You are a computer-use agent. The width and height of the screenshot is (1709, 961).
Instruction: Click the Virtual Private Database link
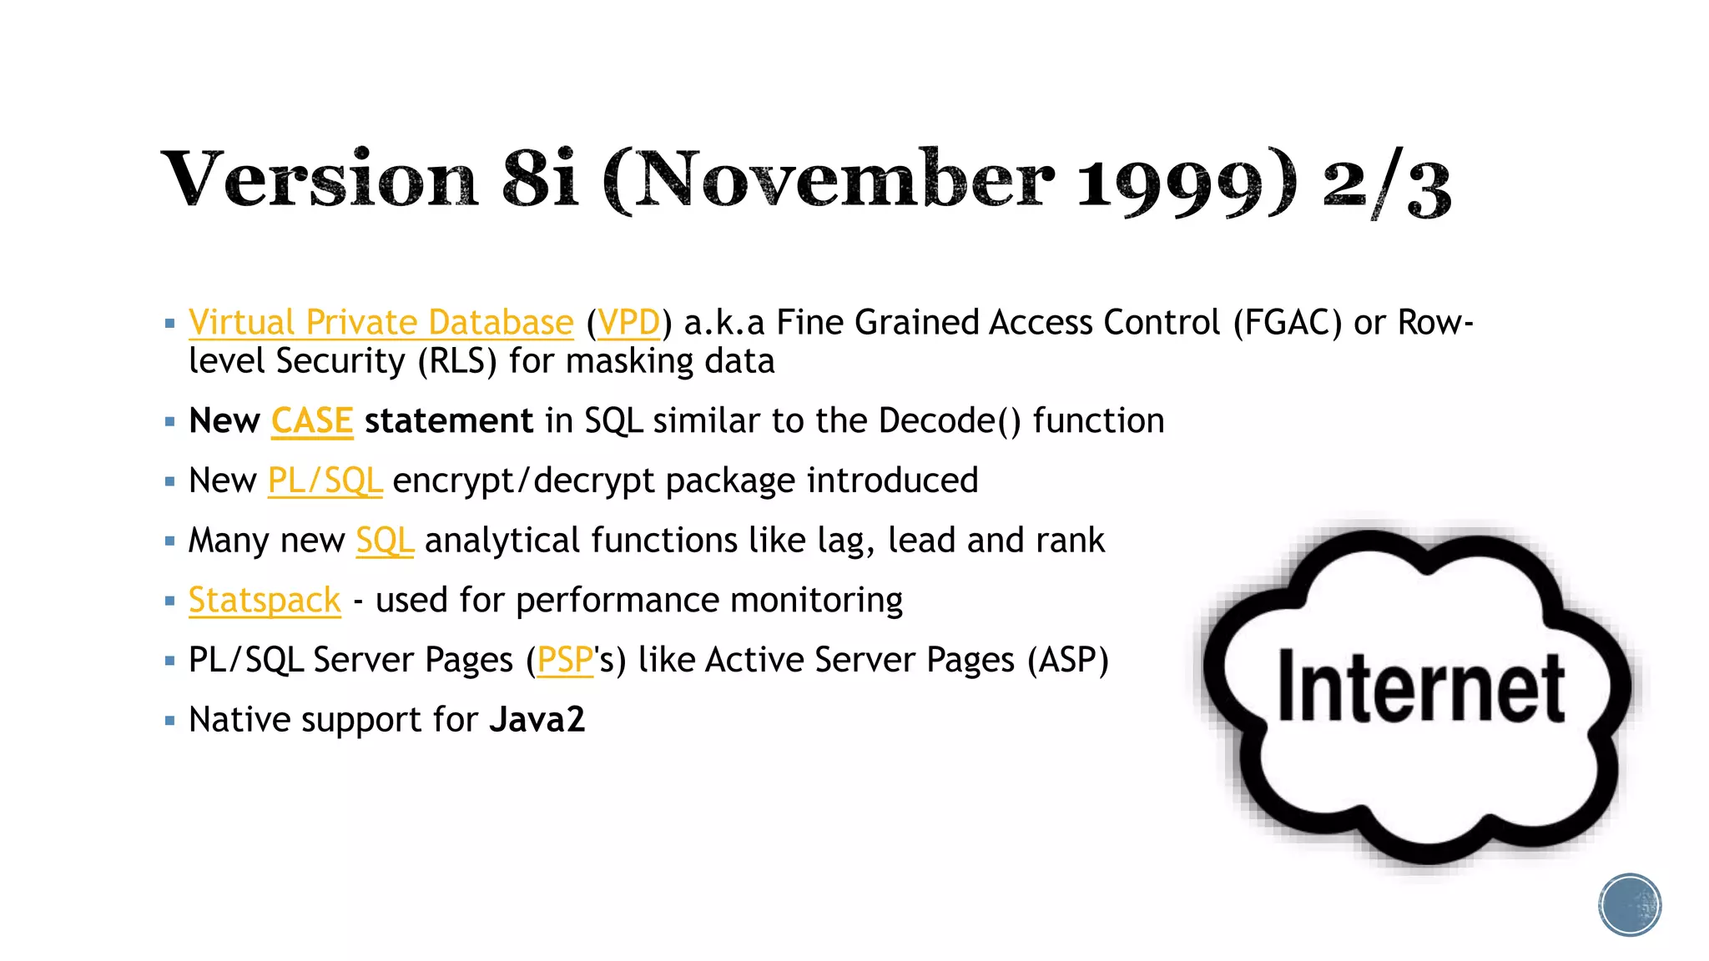(381, 323)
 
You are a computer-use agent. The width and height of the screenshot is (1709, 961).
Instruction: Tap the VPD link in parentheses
(628, 323)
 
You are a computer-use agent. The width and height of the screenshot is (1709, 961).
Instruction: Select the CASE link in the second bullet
(312, 421)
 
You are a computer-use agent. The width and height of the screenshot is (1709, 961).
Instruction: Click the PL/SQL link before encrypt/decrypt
(325, 481)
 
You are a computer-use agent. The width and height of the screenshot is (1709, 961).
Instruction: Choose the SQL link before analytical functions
(384, 541)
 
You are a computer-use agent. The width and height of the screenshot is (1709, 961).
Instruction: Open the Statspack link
(265, 601)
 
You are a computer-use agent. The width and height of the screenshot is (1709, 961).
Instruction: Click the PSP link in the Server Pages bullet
(565, 661)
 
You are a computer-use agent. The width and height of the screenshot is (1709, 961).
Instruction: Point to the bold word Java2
(537, 720)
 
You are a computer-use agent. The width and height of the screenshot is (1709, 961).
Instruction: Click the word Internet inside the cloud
(1420, 687)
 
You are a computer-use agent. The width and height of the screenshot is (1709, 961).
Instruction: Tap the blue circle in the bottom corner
(1630, 905)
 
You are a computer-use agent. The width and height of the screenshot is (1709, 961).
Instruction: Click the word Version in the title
(320, 179)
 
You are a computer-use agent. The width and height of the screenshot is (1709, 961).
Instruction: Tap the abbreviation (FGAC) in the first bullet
(1288, 323)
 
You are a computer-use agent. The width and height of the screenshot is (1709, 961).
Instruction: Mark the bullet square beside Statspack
(170, 601)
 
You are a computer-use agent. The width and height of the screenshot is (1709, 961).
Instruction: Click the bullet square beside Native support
(170, 720)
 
